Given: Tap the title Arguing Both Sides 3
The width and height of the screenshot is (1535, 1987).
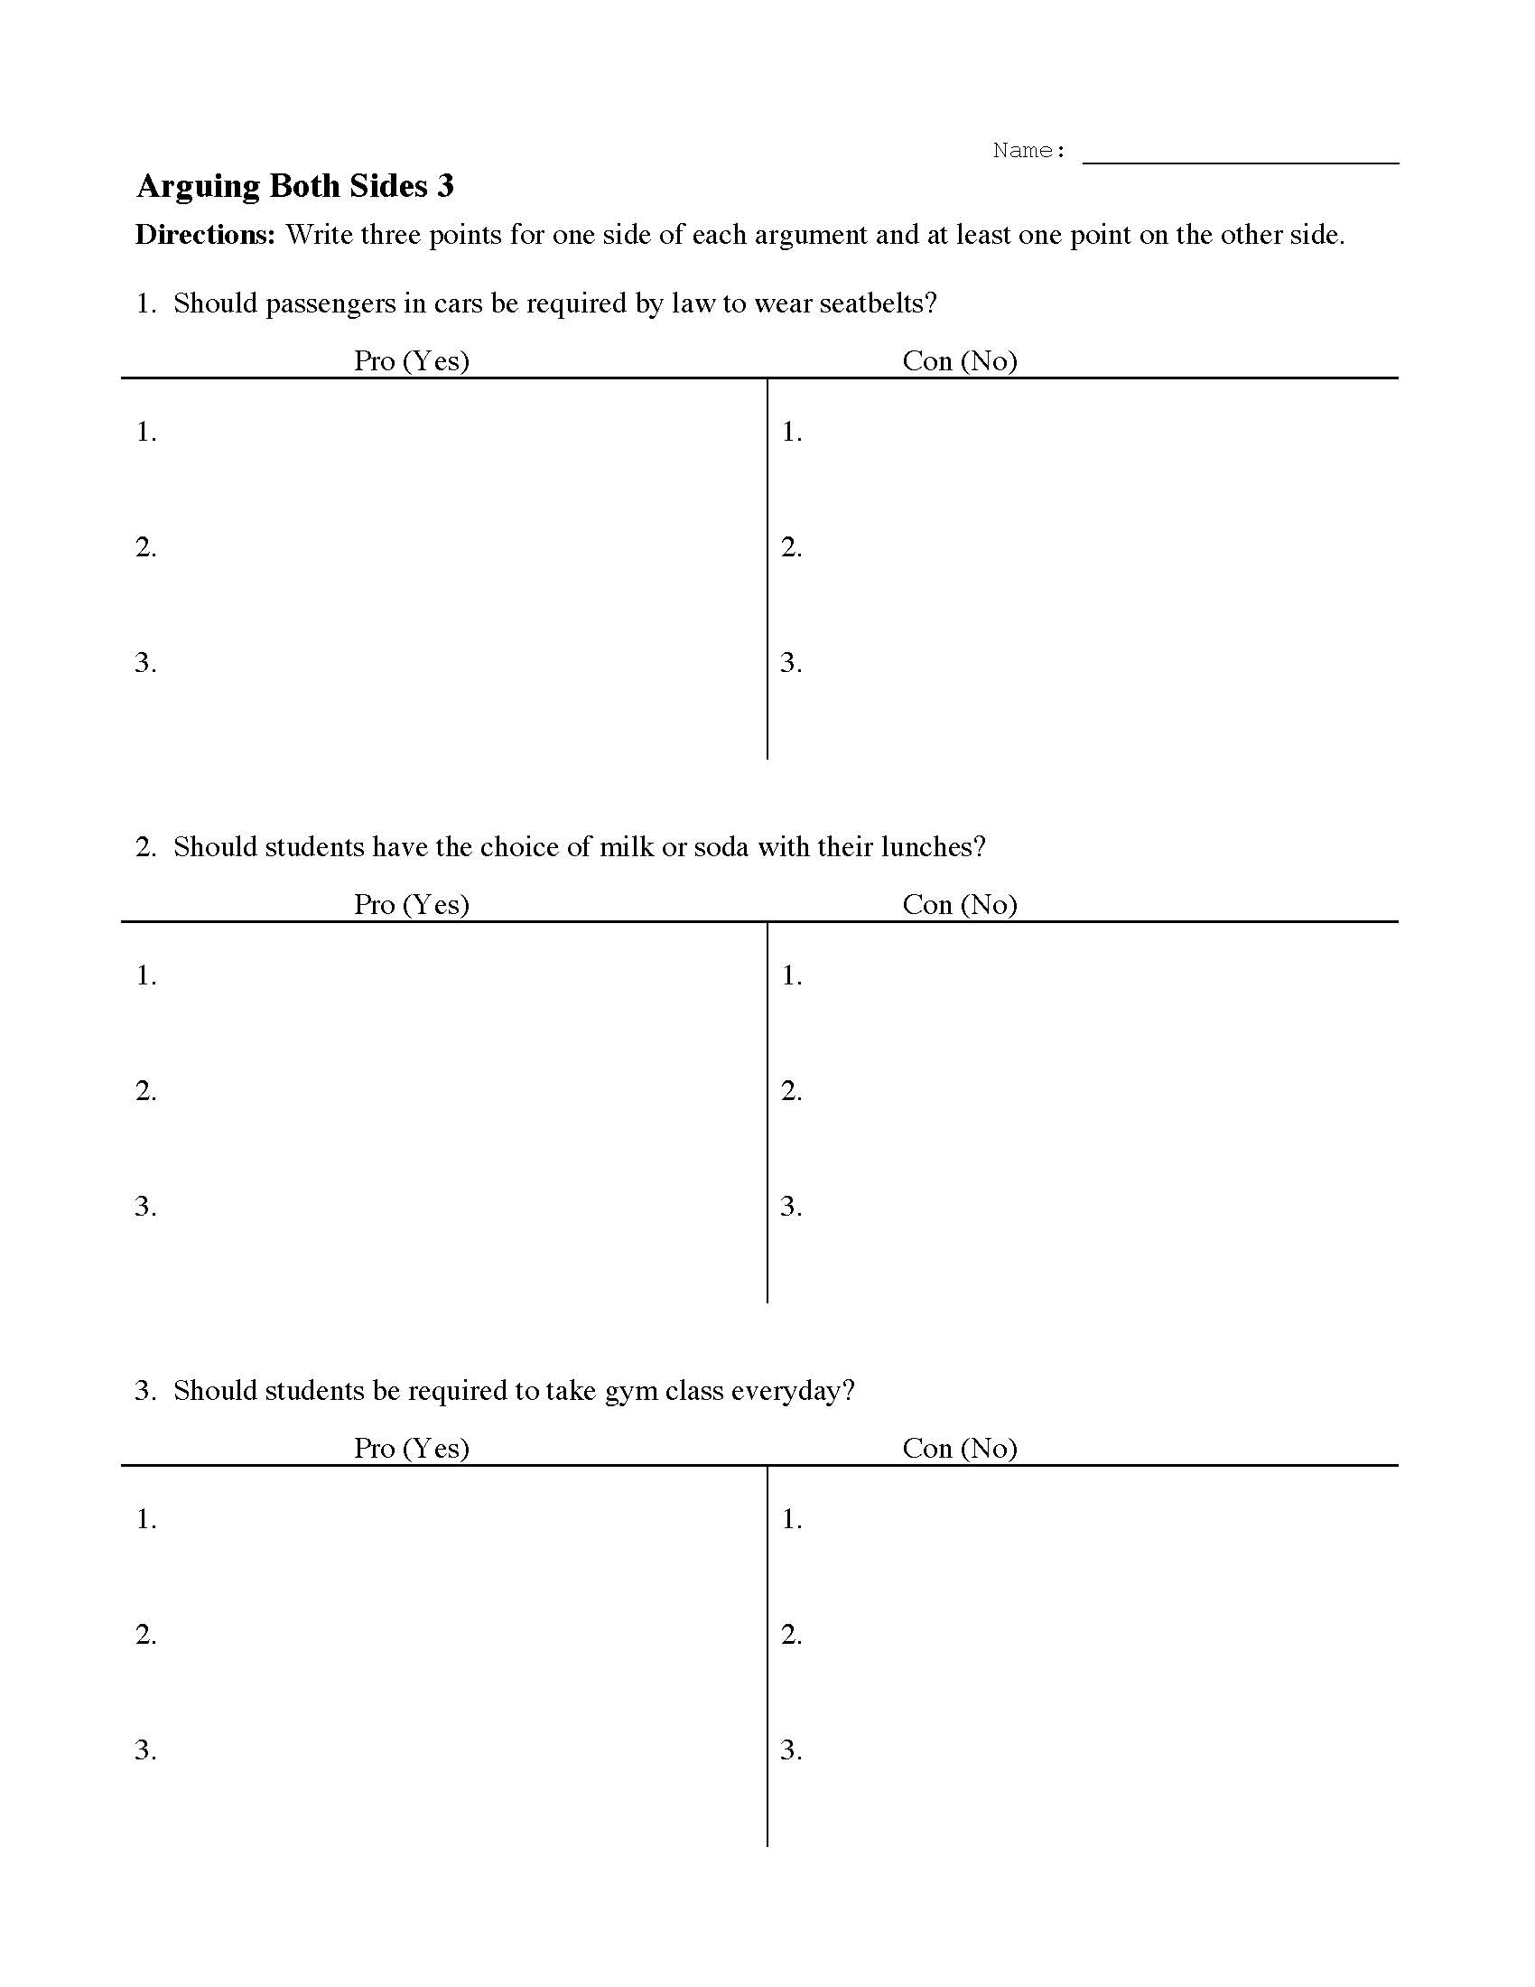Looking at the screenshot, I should [x=294, y=187].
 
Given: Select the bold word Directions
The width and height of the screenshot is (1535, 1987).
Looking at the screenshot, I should [x=205, y=235].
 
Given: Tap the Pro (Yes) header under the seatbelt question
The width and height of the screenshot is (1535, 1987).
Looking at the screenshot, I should [x=411, y=361].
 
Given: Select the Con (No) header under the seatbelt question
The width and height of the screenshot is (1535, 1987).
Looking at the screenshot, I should [x=959, y=361].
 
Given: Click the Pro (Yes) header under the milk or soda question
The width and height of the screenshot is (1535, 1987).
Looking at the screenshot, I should [x=411, y=904].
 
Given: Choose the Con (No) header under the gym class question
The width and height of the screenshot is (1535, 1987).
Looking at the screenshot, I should [x=959, y=1449].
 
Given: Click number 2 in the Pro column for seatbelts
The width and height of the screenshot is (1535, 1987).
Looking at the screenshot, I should [x=145, y=546].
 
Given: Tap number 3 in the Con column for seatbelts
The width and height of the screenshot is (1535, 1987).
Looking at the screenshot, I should [x=791, y=662].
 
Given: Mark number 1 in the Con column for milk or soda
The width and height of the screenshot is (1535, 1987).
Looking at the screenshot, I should [x=791, y=975].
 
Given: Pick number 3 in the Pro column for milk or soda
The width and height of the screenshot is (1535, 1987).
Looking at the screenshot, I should [x=145, y=1207].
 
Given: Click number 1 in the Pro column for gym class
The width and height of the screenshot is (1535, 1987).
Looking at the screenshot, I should [x=145, y=1519].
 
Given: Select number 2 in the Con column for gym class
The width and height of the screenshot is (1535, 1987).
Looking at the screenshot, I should [x=791, y=1635].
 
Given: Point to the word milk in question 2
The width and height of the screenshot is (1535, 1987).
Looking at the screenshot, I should [x=626, y=847].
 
